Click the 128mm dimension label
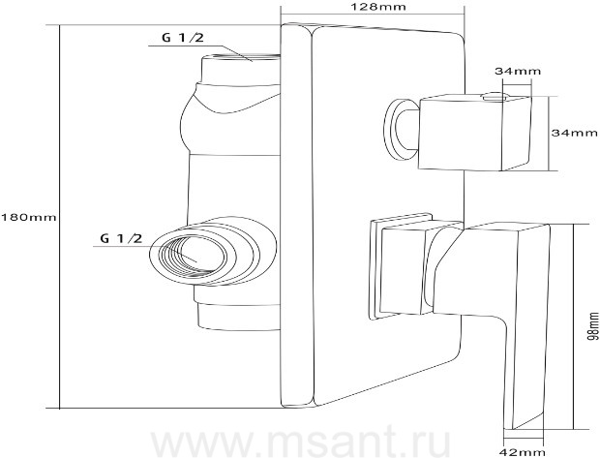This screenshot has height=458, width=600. pos(374,7)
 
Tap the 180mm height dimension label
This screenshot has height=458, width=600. pos(29,218)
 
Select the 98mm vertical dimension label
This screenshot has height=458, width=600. pos(593,326)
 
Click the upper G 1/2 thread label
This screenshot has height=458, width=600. pos(183,38)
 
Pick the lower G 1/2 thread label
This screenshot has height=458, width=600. pos(121,238)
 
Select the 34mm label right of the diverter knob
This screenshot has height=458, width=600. pos(574,133)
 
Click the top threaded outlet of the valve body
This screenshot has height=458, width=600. pos(241,57)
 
